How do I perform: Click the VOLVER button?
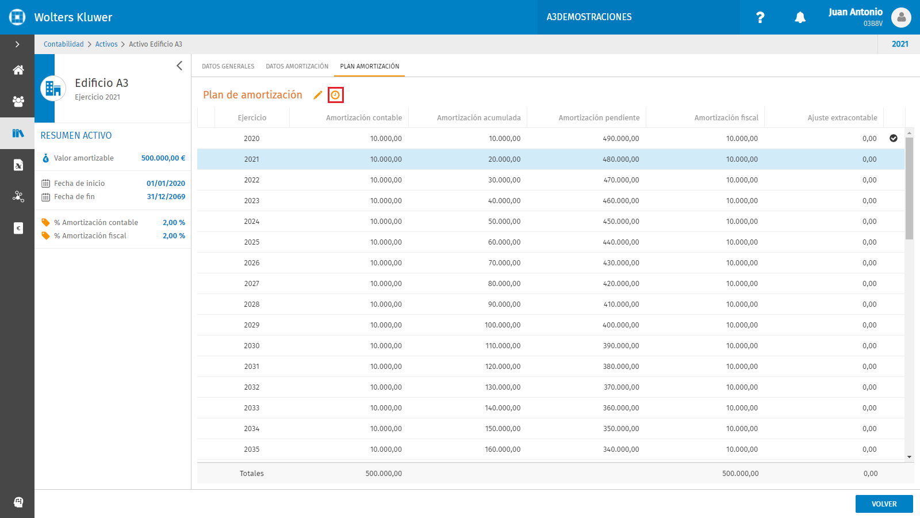884,504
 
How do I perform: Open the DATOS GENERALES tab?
228,66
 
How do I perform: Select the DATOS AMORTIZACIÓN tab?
297,66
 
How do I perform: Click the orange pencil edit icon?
317,95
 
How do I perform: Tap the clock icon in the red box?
336,95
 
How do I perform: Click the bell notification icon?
800,17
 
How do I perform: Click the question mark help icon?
760,17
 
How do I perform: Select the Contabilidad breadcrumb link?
64,44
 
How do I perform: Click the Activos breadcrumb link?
106,44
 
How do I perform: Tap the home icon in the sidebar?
18,70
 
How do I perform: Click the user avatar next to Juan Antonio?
901,17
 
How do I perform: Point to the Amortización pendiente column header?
599,117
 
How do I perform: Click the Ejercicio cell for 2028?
252,304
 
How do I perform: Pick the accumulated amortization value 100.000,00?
503,325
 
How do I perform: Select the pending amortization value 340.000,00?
621,450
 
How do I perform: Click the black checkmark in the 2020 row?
894,138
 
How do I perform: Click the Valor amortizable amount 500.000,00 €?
163,158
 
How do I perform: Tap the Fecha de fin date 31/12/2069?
166,196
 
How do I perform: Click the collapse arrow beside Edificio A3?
179,66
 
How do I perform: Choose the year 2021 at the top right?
900,44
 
